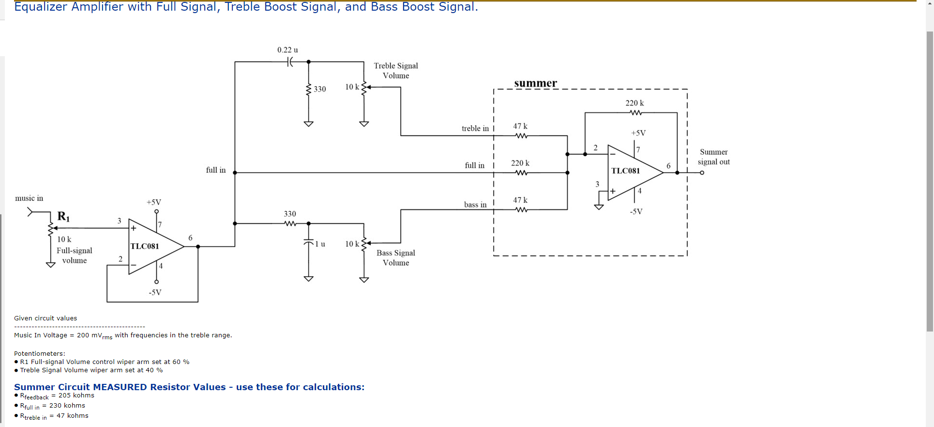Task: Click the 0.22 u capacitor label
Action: [287, 50]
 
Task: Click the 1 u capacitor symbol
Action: [308, 242]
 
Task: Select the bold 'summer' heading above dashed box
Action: [535, 83]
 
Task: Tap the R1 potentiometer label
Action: [63, 216]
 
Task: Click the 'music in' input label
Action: [29, 198]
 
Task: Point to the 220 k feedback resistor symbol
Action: [636, 112]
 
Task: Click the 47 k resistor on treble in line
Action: [521, 136]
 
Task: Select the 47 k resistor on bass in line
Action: [521, 209]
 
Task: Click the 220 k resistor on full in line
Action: [521, 173]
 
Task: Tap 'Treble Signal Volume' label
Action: [396, 71]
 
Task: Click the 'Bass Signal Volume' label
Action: [396, 258]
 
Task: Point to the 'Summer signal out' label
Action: [713, 157]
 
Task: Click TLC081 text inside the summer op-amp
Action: [625, 171]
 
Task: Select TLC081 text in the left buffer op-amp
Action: [145, 246]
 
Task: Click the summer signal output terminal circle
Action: [702, 173]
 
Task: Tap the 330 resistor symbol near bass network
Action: [290, 223]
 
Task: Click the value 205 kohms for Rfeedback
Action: [76, 395]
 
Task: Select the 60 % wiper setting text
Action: [181, 362]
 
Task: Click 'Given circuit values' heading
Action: [45, 318]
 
